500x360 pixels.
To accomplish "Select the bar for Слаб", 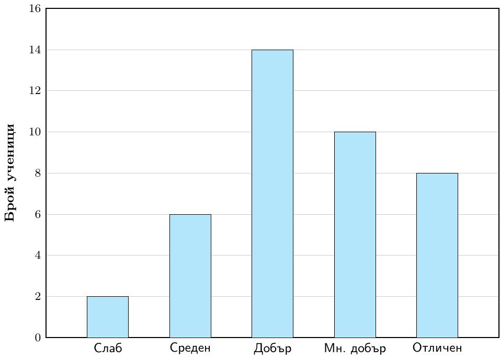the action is coord(108,317).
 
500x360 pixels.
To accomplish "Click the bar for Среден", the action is coord(190,276).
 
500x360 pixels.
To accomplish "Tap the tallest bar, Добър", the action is coord(272,194).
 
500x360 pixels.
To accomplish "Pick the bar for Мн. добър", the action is coord(355,235).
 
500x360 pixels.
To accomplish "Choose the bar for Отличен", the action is coord(437,255).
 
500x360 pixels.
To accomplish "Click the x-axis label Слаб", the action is coord(108,348).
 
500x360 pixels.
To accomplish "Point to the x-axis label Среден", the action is coord(190,348).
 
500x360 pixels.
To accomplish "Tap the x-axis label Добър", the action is coord(272,348).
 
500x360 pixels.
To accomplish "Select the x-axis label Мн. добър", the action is coord(355,348).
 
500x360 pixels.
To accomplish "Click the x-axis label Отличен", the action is coord(437,347).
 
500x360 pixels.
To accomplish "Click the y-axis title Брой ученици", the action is coord(10,172).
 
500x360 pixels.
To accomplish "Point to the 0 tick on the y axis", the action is coord(38,338).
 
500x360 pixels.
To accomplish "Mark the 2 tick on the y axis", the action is coord(38,296).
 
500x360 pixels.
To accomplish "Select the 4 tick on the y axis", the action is coord(38,255).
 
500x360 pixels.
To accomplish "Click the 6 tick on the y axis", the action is coord(38,214).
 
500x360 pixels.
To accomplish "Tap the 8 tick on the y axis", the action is coord(38,173).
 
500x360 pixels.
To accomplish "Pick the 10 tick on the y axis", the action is coord(35,132).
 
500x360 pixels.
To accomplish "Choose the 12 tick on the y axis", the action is coord(35,91).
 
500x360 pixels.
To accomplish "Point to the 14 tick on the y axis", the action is coord(35,50).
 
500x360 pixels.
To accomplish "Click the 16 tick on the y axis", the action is coord(35,8).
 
